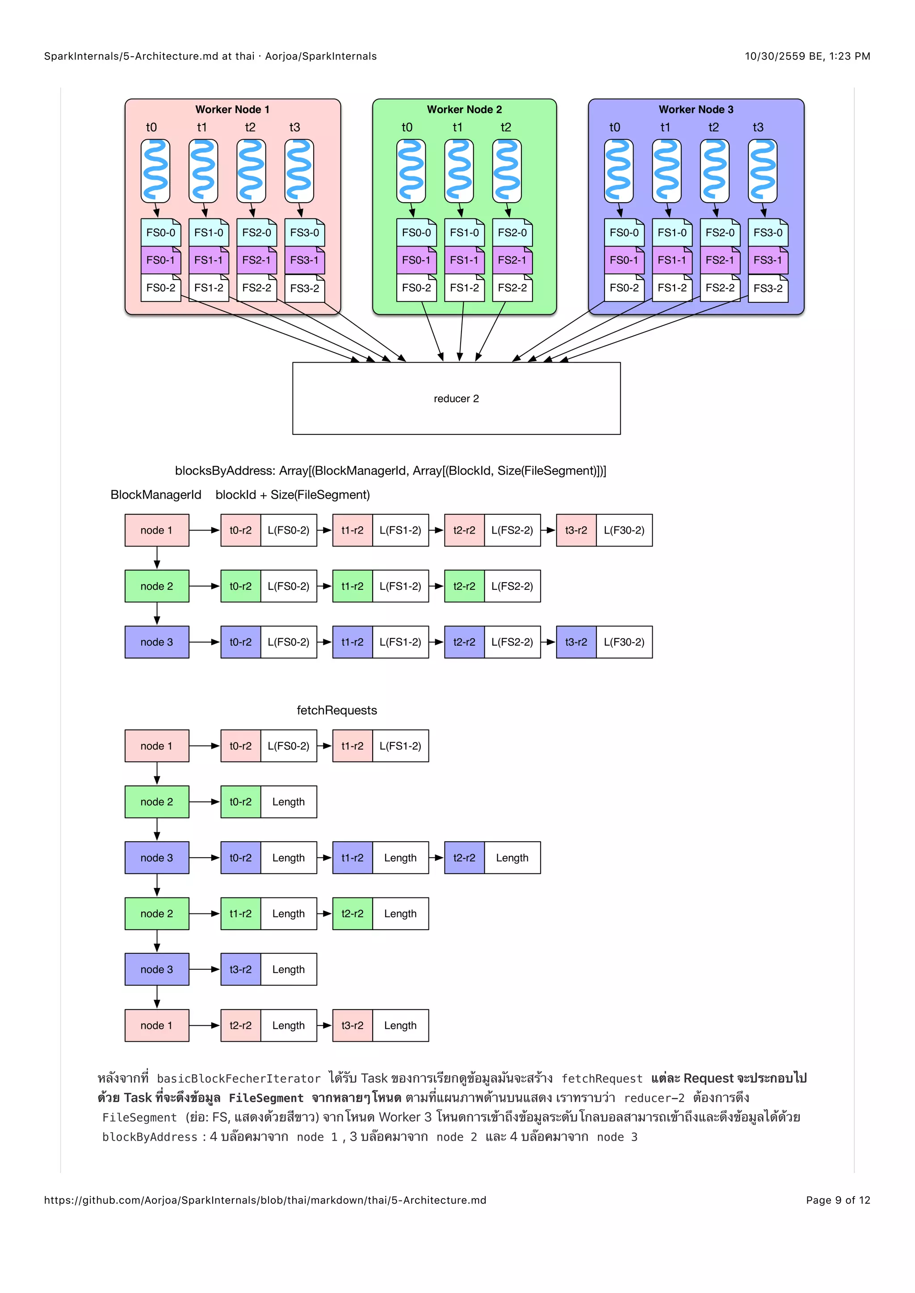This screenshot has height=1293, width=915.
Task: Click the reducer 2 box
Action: tap(456, 398)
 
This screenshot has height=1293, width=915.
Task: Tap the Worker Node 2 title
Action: tap(464, 109)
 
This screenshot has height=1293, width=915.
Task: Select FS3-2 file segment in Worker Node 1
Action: tap(304, 288)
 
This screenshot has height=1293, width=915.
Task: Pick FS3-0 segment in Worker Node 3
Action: tap(768, 233)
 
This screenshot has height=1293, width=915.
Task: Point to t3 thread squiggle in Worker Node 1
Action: tap(299, 171)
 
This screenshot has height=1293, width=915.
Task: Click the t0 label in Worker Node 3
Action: tap(614, 127)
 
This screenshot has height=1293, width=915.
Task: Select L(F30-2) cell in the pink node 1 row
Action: tap(624, 530)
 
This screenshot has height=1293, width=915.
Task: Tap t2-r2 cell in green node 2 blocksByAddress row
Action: tap(464, 586)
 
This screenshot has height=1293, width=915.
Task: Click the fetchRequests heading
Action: tap(336, 710)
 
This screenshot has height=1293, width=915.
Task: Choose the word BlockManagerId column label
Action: tap(155, 494)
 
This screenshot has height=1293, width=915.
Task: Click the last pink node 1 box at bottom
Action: tap(157, 1026)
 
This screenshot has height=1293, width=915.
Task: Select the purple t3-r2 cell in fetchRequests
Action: tap(240, 969)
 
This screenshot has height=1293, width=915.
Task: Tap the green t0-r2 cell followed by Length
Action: tap(240, 802)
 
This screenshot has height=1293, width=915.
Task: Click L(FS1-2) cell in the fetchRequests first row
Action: tap(400, 746)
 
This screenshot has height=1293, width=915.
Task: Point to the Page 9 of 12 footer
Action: tap(837, 1200)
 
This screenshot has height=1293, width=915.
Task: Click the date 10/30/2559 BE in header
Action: tap(783, 56)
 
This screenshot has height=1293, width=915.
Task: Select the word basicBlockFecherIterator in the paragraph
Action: tap(238, 1078)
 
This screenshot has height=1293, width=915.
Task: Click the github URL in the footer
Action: tap(265, 1200)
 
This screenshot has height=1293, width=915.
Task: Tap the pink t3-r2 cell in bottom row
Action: tap(352, 1026)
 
